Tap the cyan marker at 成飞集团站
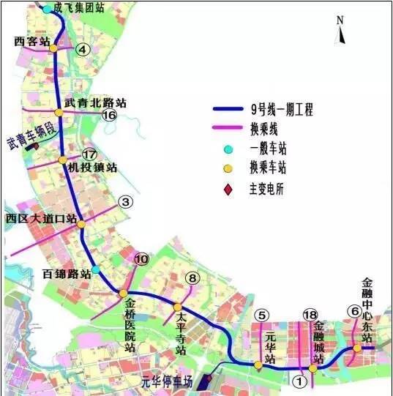click(x=48, y=9)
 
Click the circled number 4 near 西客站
click(x=83, y=50)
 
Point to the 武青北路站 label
click(x=95, y=103)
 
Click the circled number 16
click(x=110, y=116)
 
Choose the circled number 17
click(x=89, y=154)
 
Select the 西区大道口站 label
click(x=41, y=217)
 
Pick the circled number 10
click(x=141, y=258)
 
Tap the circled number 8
click(x=192, y=277)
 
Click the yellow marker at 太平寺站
click(x=177, y=307)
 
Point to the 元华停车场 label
click(x=167, y=381)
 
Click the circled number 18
click(x=310, y=315)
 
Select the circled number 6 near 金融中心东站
click(x=355, y=311)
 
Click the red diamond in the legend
click(x=228, y=190)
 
